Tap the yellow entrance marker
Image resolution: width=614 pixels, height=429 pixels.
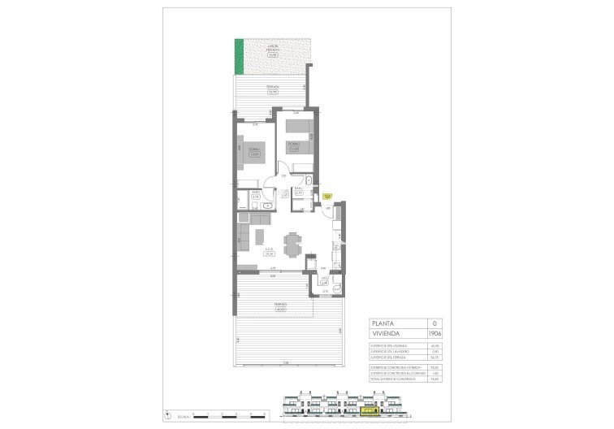[x=326, y=196]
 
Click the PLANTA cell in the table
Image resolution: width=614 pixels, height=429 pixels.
[x=382, y=323]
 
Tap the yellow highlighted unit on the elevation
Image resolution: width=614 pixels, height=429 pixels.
[x=368, y=411]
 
